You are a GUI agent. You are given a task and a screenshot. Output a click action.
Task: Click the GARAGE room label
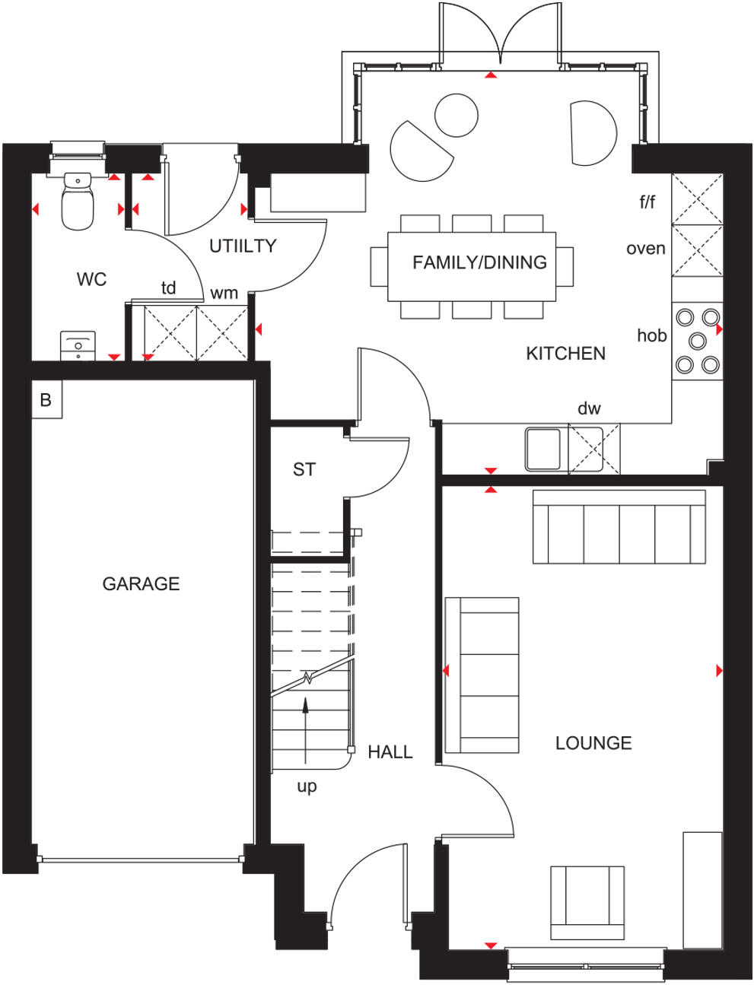coord(141,583)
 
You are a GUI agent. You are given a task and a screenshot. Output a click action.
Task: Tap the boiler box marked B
coord(46,399)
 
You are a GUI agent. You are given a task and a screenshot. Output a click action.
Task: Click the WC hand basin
coord(78,346)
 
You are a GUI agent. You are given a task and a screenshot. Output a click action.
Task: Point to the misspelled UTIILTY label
coord(243,246)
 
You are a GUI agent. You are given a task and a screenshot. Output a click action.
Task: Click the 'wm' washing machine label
coord(224,293)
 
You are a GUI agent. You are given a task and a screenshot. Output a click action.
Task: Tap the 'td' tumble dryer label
coord(168,288)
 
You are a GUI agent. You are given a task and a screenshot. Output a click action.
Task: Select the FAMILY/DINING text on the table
coord(479,262)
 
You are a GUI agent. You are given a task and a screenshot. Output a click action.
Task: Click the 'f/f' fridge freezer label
coord(647,202)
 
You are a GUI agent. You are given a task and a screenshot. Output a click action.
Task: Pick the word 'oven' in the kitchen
coord(645,249)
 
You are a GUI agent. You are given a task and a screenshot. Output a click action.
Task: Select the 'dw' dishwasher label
coord(588,408)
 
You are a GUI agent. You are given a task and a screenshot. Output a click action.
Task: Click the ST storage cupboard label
coord(304,469)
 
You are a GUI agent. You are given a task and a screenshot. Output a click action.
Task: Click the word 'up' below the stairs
coord(307,786)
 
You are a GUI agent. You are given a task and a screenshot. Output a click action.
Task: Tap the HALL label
coord(390,752)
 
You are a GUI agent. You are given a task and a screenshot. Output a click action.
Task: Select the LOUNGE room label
coord(593,743)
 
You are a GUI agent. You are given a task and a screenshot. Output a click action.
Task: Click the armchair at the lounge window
coord(587,902)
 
